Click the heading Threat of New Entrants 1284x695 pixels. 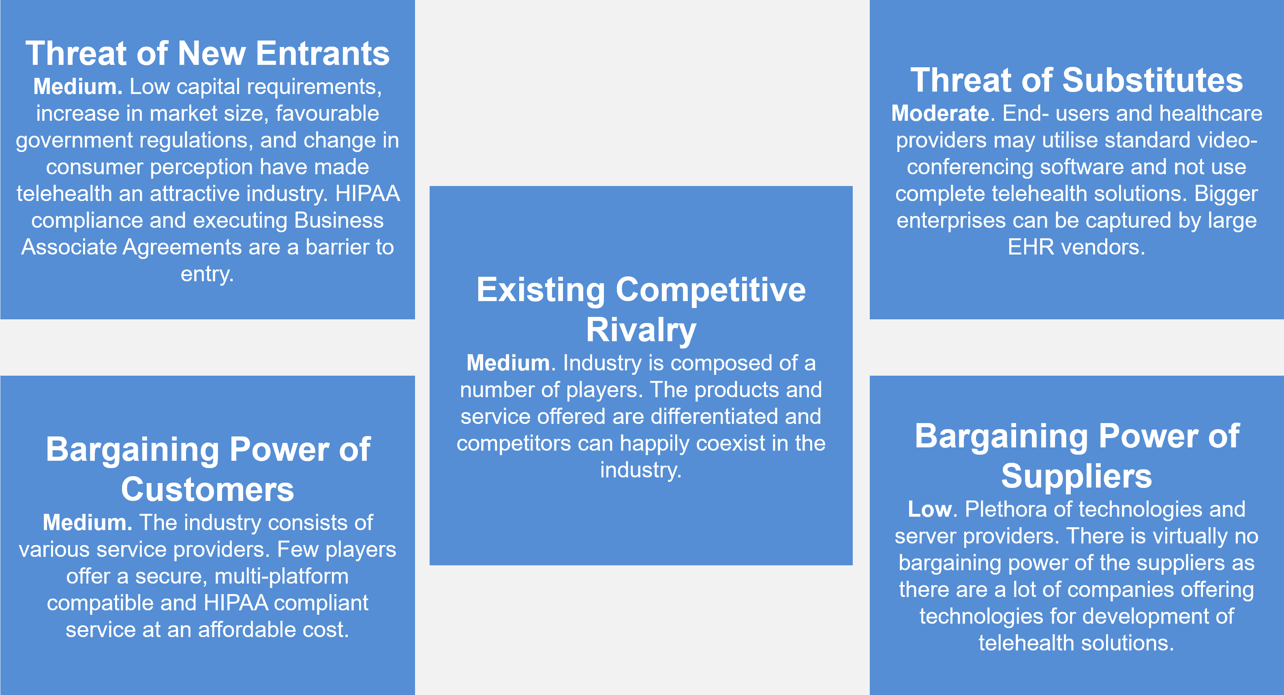coord(208,53)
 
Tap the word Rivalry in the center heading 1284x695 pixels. coord(641,330)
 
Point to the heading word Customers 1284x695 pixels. coord(208,489)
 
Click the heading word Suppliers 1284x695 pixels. coord(1076,476)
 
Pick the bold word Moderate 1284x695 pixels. coord(940,113)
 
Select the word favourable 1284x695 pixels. coord(327,113)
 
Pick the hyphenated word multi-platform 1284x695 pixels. coord(282,576)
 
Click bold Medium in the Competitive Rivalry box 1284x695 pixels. coord(508,363)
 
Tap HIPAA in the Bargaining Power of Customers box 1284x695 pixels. coord(236,603)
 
